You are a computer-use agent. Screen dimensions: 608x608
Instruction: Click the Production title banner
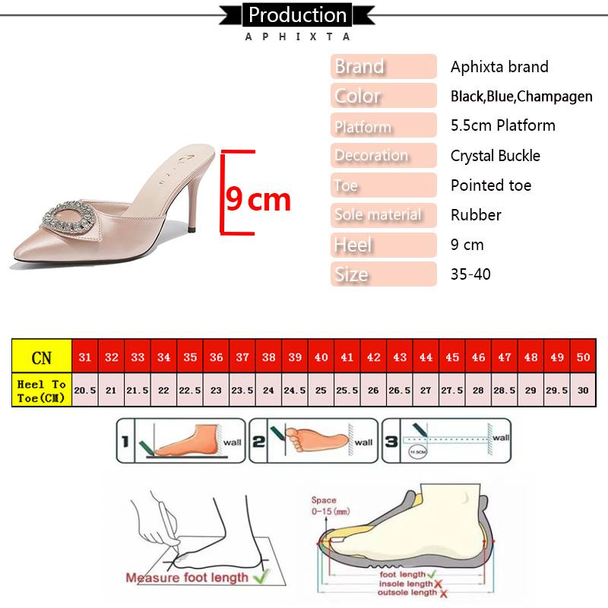297,14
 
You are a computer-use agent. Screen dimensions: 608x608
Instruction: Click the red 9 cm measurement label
258,199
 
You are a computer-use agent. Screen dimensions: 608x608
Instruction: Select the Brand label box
383,67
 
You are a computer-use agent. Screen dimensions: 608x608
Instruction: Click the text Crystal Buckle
495,156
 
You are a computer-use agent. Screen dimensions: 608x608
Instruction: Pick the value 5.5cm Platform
502,125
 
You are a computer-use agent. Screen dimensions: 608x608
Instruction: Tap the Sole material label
383,215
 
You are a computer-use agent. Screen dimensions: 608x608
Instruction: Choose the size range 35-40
470,274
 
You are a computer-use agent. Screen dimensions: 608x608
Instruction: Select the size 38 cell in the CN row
268,356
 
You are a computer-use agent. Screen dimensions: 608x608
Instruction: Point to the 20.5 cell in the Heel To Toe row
84,390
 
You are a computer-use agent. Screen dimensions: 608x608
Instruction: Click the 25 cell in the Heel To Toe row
321,390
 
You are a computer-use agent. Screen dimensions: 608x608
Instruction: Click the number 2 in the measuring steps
258,439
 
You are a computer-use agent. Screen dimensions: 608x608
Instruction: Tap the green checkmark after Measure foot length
260,578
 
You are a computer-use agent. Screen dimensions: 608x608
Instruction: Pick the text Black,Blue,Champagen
521,97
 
